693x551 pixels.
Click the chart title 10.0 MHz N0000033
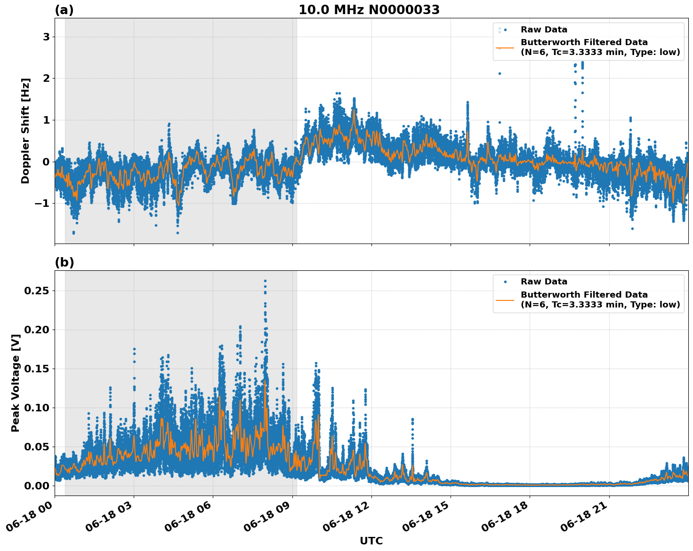[369, 10]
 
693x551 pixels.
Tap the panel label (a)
[64, 10]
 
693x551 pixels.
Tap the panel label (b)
[64, 262]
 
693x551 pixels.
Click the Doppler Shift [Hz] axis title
[25, 131]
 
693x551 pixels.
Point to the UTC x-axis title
[371, 541]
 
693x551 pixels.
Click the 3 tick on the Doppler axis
[46, 37]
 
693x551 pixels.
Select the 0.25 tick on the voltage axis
[37, 291]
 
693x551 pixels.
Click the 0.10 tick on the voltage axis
[37, 408]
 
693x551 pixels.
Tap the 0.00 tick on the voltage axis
[37, 486]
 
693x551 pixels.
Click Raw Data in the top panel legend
[544, 30]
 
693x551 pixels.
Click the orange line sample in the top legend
[505, 47]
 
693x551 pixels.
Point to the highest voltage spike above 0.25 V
[265, 281]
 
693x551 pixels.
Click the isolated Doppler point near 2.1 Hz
[500, 73]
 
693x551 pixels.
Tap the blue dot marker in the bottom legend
[505, 282]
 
